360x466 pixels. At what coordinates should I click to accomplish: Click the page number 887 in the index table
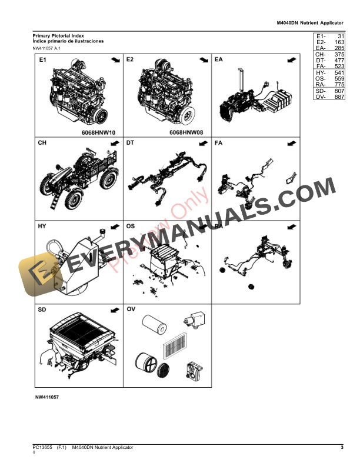[x=338, y=97]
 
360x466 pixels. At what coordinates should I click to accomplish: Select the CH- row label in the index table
[x=321, y=54]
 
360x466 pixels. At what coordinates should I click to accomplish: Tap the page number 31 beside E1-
[x=340, y=36]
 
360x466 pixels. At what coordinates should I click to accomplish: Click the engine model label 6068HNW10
[x=98, y=134]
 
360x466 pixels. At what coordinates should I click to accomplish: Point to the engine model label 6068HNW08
[x=186, y=134]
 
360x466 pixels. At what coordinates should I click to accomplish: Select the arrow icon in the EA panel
[x=291, y=61]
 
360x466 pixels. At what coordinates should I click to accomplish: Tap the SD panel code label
[x=43, y=309]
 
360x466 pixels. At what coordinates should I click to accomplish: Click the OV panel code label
[x=131, y=309]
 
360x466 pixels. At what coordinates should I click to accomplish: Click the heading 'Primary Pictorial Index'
[x=58, y=36]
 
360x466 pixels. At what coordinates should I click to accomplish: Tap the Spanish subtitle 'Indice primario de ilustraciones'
[x=68, y=41]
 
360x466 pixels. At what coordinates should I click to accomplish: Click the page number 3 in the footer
[x=342, y=448]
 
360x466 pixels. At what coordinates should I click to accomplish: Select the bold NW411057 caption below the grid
[x=47, y=398]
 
